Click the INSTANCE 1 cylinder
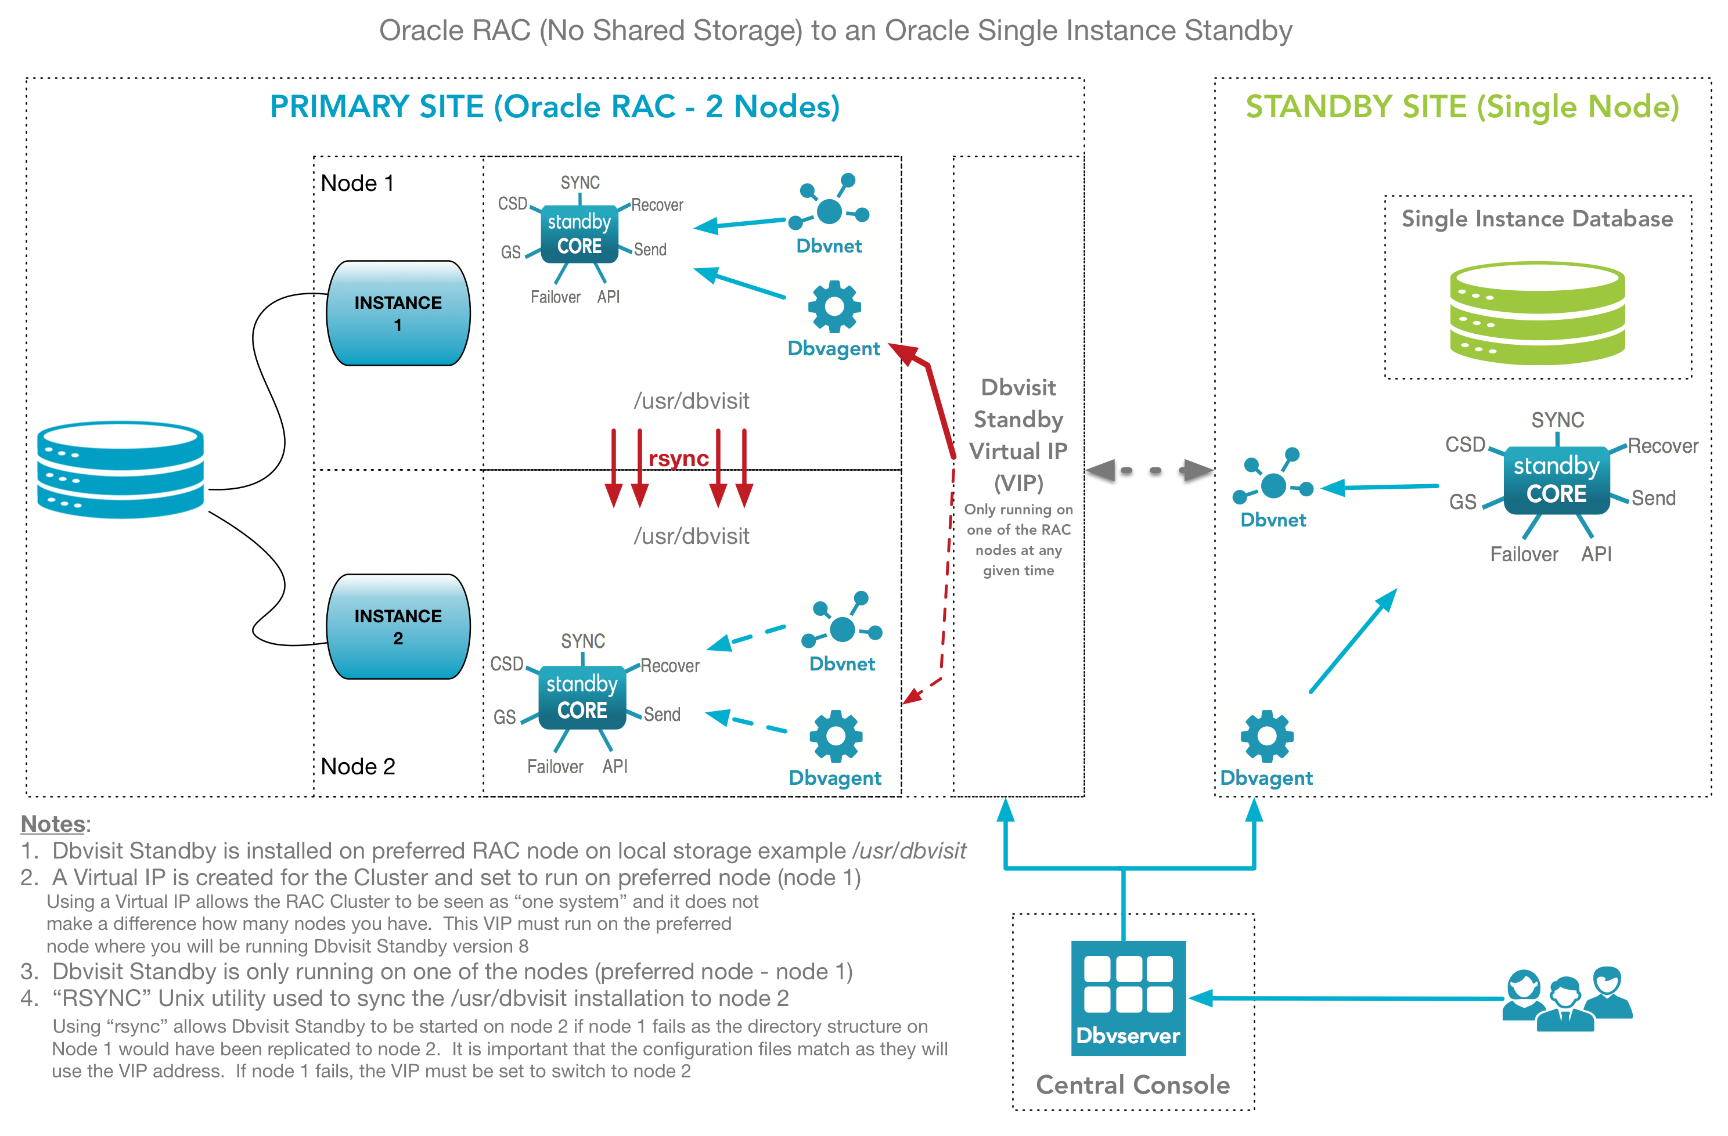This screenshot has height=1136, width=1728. click(398, 313)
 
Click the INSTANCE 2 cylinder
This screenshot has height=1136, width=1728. click(398, 626)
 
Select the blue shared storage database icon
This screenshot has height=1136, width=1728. click(121, 470)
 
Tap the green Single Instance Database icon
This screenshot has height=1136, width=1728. click(1537, 313)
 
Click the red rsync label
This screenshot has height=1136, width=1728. click(678, 459)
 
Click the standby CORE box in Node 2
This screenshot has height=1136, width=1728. click(582, 697)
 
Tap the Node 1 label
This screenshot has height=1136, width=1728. click(357, 183)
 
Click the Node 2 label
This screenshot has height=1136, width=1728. click(358, 767)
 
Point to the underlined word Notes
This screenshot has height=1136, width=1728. click(53, 824)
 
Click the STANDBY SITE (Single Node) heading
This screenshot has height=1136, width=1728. click(1462, 107)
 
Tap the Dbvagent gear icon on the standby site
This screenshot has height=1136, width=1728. click(1267, 736)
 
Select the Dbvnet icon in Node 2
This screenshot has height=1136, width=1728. click(841, 626)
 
